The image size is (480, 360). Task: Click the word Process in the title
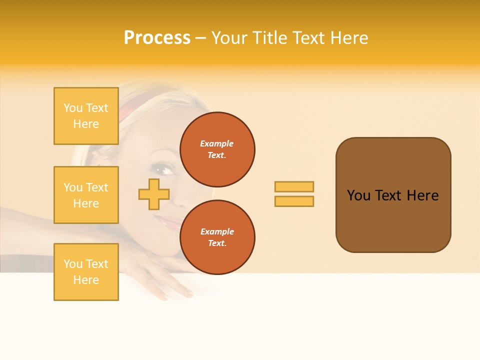click(157, 38)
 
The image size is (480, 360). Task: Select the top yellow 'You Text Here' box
click(86, 116)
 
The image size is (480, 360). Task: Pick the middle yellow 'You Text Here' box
click(86, 195)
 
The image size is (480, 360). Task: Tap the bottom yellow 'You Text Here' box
click(86, 272)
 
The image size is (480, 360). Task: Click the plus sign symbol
click(154, 194)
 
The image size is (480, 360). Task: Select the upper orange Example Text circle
click(217, 149)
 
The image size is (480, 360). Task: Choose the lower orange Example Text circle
click(217, 237)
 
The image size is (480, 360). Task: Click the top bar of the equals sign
click(294, 186)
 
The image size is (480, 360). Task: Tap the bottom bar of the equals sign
click(294, 201)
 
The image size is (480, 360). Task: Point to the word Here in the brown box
click(422, 195)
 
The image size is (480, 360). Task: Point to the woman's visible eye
click(167, 169)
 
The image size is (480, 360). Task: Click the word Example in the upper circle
click(217, 143)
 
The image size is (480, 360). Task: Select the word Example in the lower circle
click(217, 231)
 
